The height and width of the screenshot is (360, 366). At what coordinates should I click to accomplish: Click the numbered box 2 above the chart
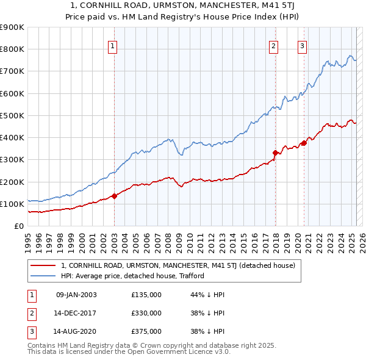click(x=274, y=45)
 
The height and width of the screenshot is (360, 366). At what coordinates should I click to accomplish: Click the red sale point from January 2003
click(x=114, y=196)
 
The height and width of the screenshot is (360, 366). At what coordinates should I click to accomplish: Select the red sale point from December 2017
click(x=275, y=153)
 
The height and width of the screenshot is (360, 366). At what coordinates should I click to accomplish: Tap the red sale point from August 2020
click(x=303, y=143)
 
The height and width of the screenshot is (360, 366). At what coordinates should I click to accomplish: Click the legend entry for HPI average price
click(x=132, y=276)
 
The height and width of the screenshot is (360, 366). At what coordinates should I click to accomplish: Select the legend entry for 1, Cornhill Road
click(x=178, y=265)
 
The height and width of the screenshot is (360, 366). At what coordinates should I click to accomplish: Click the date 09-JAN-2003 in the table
click(x=76, y=295)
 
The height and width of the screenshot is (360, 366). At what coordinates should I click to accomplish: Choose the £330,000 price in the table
click(x=146, y=313)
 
